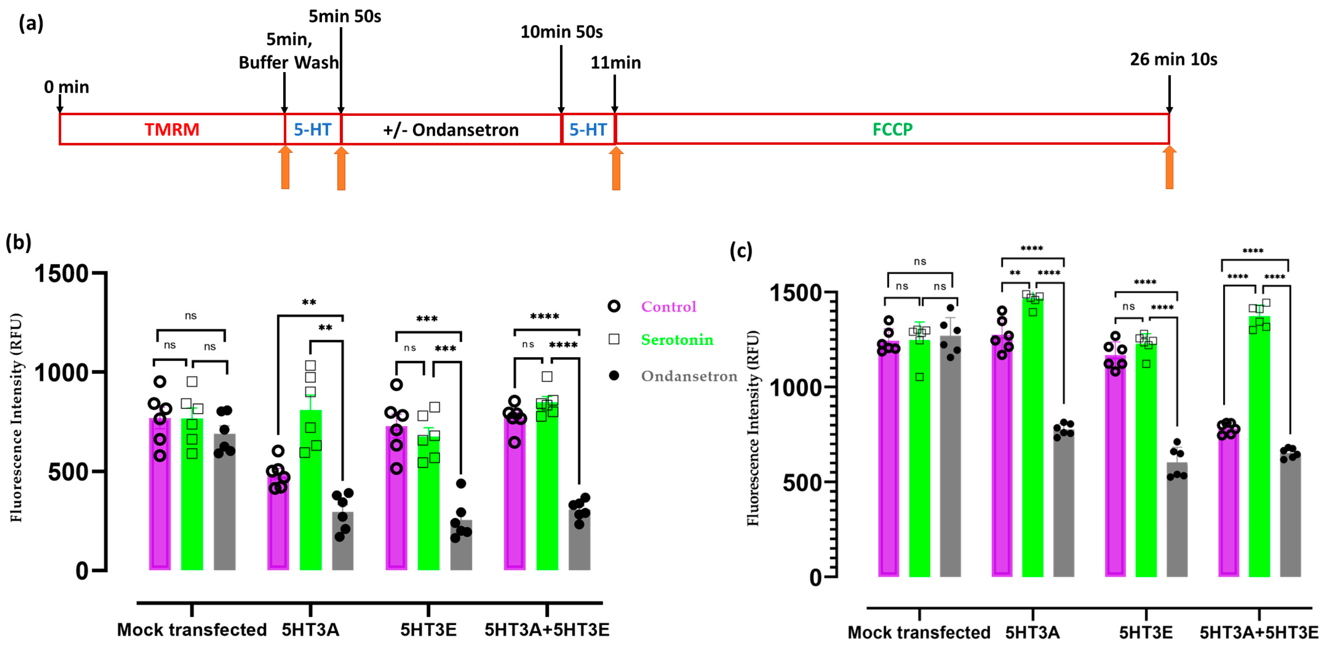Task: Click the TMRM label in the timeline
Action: (171, 129)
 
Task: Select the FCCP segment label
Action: (892, 129)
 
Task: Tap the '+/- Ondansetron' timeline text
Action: (450, 130)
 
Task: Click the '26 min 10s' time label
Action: (1173, 60)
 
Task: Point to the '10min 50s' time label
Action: (561, 32)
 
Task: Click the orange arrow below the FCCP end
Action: (1169, 168)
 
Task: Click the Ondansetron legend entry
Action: (689, 376)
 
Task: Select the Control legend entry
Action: (668, 307)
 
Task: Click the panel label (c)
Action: (741, 251)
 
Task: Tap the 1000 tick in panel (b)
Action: (62, 372)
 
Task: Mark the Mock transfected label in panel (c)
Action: (919, 632)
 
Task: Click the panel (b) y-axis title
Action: (17, 417)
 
